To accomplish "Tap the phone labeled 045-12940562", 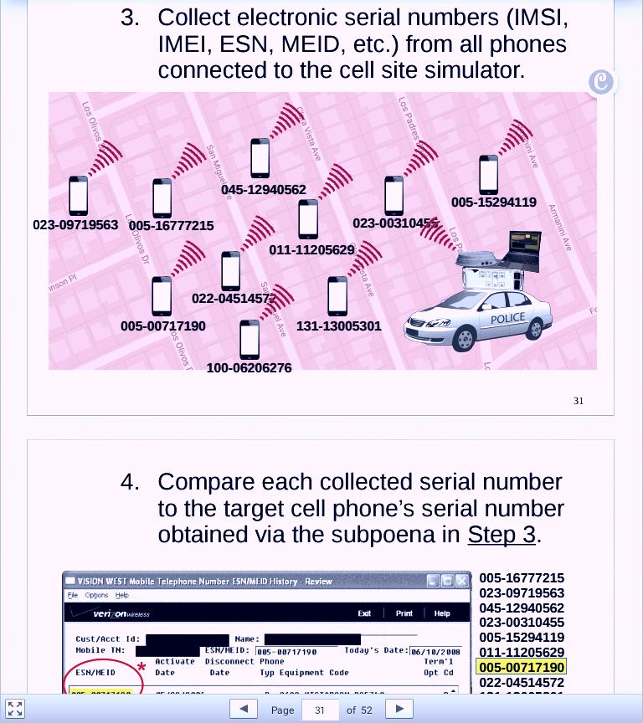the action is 260,157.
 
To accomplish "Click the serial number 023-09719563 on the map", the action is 75,225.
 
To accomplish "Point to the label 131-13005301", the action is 338,326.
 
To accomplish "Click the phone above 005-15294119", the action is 489,175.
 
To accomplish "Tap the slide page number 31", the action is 579,401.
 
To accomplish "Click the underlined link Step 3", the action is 501,534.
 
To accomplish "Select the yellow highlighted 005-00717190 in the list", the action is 522,668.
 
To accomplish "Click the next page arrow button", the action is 400,709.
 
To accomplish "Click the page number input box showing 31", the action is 321,710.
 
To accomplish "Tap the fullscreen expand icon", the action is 15,708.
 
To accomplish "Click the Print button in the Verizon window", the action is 404,613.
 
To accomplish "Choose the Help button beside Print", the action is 442,613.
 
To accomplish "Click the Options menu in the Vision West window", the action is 96,595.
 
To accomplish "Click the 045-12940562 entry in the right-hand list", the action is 522,608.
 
